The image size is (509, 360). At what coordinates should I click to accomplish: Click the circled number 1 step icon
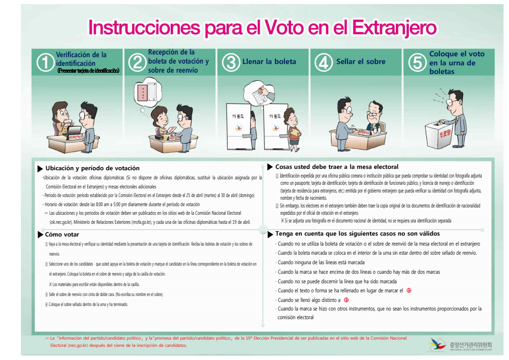pyautogui.click(x=45, y=63)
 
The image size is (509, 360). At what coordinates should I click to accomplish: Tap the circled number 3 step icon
pyautogui.click(x=231, y=63)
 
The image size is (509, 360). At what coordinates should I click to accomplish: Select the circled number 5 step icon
pyautogui.click(x=417, y=63)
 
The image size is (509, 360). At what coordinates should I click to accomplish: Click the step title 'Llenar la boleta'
pyautogui.click(x=269, y=62)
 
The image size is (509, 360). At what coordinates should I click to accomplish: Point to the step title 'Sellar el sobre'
pyautogui.click(x=361, y=62)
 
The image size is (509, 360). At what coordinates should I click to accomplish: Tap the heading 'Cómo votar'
pyautogui.click(x=62, y=235)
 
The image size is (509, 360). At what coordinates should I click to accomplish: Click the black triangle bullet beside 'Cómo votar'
pyautogui.click(x=40, y=235)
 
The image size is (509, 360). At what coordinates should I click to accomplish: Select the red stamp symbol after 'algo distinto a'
pyautogui.click(x=346, y=300)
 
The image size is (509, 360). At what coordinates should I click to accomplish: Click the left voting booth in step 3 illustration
pyautogui.click(x=238, y=124)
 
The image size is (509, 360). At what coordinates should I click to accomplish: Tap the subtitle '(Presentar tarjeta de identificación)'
pyautogui.click(x=88, y=71)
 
